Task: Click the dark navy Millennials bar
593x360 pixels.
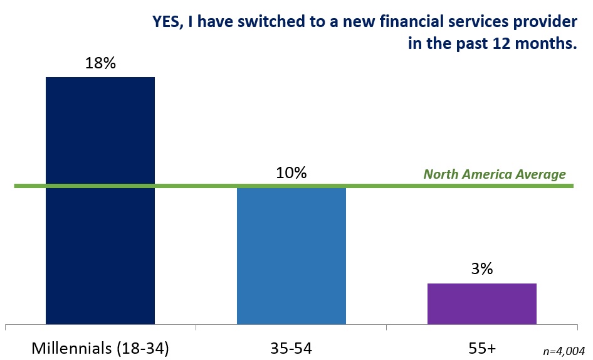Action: click(100, 201)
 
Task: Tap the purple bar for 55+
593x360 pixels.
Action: click(482, 304)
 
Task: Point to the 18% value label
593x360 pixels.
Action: click(100, 64)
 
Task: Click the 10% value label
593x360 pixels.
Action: click(291, 172)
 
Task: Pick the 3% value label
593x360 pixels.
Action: click(482, 269)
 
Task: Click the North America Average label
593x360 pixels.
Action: click(495, 174)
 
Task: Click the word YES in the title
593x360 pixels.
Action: click(168, 22)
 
